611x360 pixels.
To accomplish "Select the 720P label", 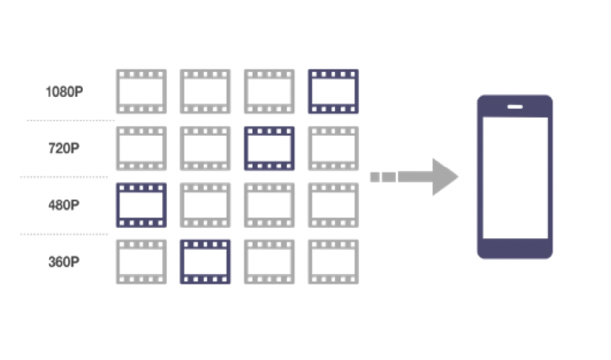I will click(63, 148).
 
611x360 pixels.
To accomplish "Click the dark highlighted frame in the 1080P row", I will click(333, 92).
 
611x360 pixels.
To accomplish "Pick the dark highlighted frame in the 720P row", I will click(270, 148).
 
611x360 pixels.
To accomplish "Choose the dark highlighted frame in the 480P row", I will click(141, 205).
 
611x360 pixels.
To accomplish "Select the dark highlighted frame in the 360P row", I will click(206, 262).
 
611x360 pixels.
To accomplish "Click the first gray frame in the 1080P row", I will click(141, 92).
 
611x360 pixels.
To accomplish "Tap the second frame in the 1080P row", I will click(206, 92).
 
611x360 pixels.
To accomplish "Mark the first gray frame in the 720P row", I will click(141, 148).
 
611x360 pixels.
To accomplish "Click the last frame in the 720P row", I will click(333, 148).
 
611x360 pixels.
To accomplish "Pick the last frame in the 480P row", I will click(333, 205).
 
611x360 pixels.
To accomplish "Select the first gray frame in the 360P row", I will click(141, 262).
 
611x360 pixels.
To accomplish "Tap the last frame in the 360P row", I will click(333, 262).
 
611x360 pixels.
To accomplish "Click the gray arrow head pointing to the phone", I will click(443, 177).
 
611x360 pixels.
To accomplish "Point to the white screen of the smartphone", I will click(514, 179).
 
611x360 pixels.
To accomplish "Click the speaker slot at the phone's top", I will click(514, 106).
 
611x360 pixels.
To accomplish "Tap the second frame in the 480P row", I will click(206, 205).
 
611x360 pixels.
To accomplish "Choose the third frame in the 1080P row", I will click(270, 92).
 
